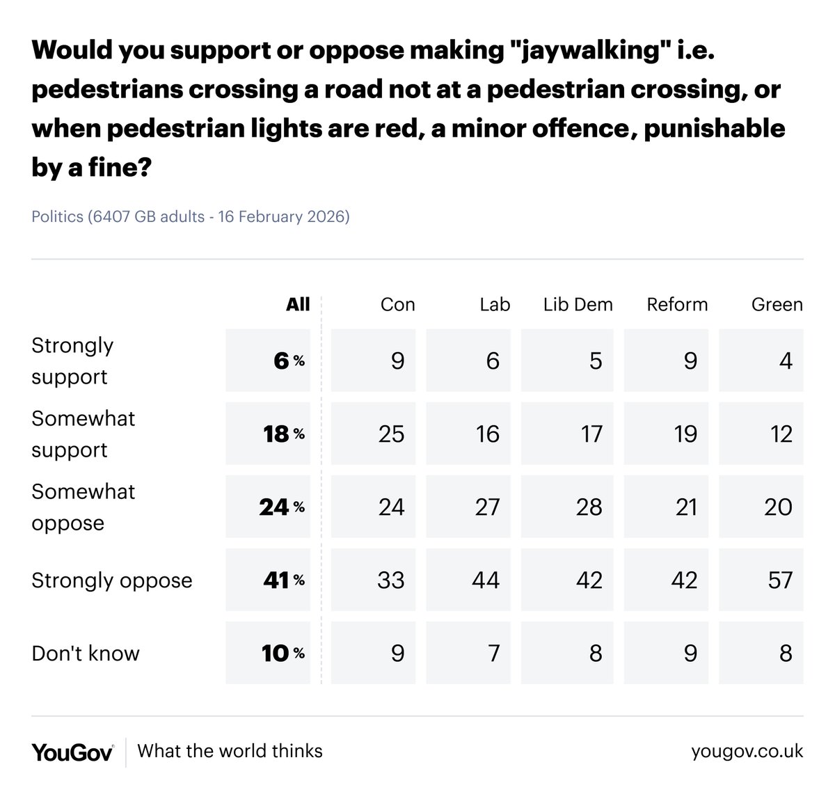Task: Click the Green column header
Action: tap(777, 304)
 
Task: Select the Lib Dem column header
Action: tap(578, 304)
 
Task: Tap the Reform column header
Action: tap(677, 304)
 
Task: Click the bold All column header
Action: tap(298, 304)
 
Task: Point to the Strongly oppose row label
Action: tap(111, 580)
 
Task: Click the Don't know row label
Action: tap(86, 654)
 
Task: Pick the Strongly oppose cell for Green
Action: tap(761, 580)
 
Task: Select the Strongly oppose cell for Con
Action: tap(374, 580)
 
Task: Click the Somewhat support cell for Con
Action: tap(374, 434)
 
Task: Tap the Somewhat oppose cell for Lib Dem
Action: tap(568, 507)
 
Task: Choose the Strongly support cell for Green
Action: tap(761, 361)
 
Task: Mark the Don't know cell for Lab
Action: tap(468, 653)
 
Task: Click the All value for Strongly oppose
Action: tap(269, 580)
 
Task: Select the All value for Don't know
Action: tap(269, 653)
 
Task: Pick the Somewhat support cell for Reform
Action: tap(667, 434)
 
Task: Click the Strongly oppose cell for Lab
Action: tap(468, 580)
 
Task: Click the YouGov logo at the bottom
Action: tap(72, 752)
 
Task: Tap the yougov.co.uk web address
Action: tap(747, 752)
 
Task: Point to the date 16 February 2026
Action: tap(283, 216)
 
